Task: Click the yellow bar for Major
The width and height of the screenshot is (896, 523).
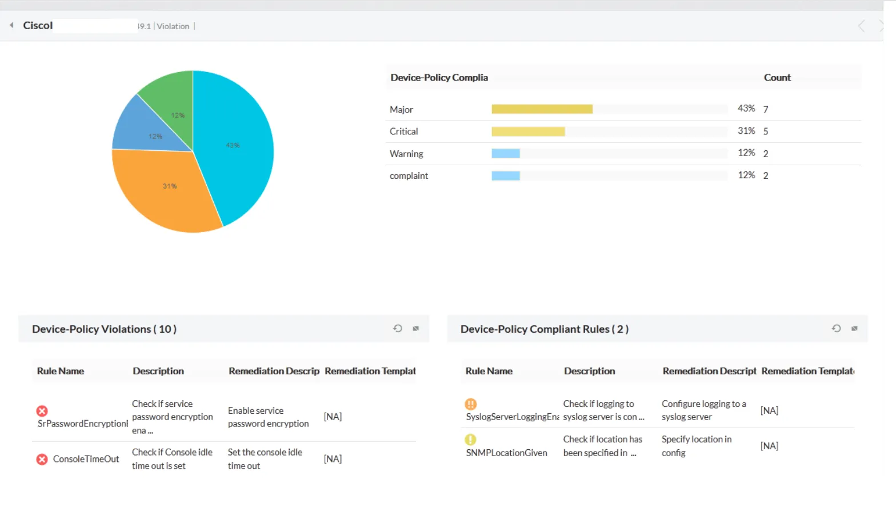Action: click(x=542, y=109)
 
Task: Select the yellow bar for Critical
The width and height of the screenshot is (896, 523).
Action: click(x=528, y=131)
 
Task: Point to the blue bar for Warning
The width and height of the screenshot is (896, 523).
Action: click(x=506, y=153)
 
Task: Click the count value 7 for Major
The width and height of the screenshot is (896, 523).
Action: click(x=766, y=109)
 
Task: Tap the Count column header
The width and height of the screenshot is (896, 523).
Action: click(x=777, y=78)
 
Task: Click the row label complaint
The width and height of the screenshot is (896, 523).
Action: click(x=409, y=176)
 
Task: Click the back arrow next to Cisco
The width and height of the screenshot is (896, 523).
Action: click(x=11, y=25)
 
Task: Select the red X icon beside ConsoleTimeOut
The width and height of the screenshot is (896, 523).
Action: click(x=42, y=460)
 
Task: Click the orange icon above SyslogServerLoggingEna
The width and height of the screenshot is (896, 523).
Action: click(x=471, y=404)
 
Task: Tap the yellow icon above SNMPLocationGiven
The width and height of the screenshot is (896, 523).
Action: click(x=470, y=440)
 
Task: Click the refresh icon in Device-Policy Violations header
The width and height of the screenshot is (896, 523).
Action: click(x=398, y=329)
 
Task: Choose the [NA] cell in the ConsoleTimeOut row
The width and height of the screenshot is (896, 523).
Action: click(x=333, y=459)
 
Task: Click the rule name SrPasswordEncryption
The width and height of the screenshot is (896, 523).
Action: click(x=82, y=424)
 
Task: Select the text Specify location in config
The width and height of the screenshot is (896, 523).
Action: click(x=696, y=446)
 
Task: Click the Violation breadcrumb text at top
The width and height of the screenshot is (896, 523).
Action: click(x=173, y=26)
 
